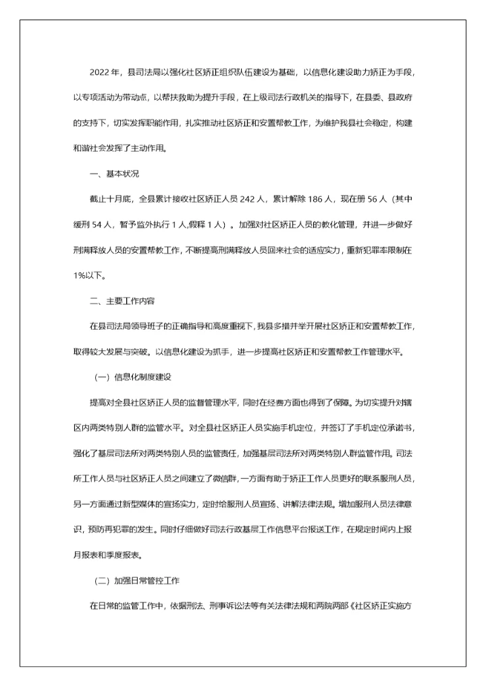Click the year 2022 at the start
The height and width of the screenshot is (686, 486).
coord(99,72)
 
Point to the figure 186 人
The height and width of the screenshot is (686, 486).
coord(325,199)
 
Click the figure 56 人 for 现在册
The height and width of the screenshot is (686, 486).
coord(373,199)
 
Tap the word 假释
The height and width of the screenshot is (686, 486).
coord(189,225)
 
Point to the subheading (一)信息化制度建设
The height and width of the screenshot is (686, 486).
coord(133,377)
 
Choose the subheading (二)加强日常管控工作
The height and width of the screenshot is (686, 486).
coord(137,581)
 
